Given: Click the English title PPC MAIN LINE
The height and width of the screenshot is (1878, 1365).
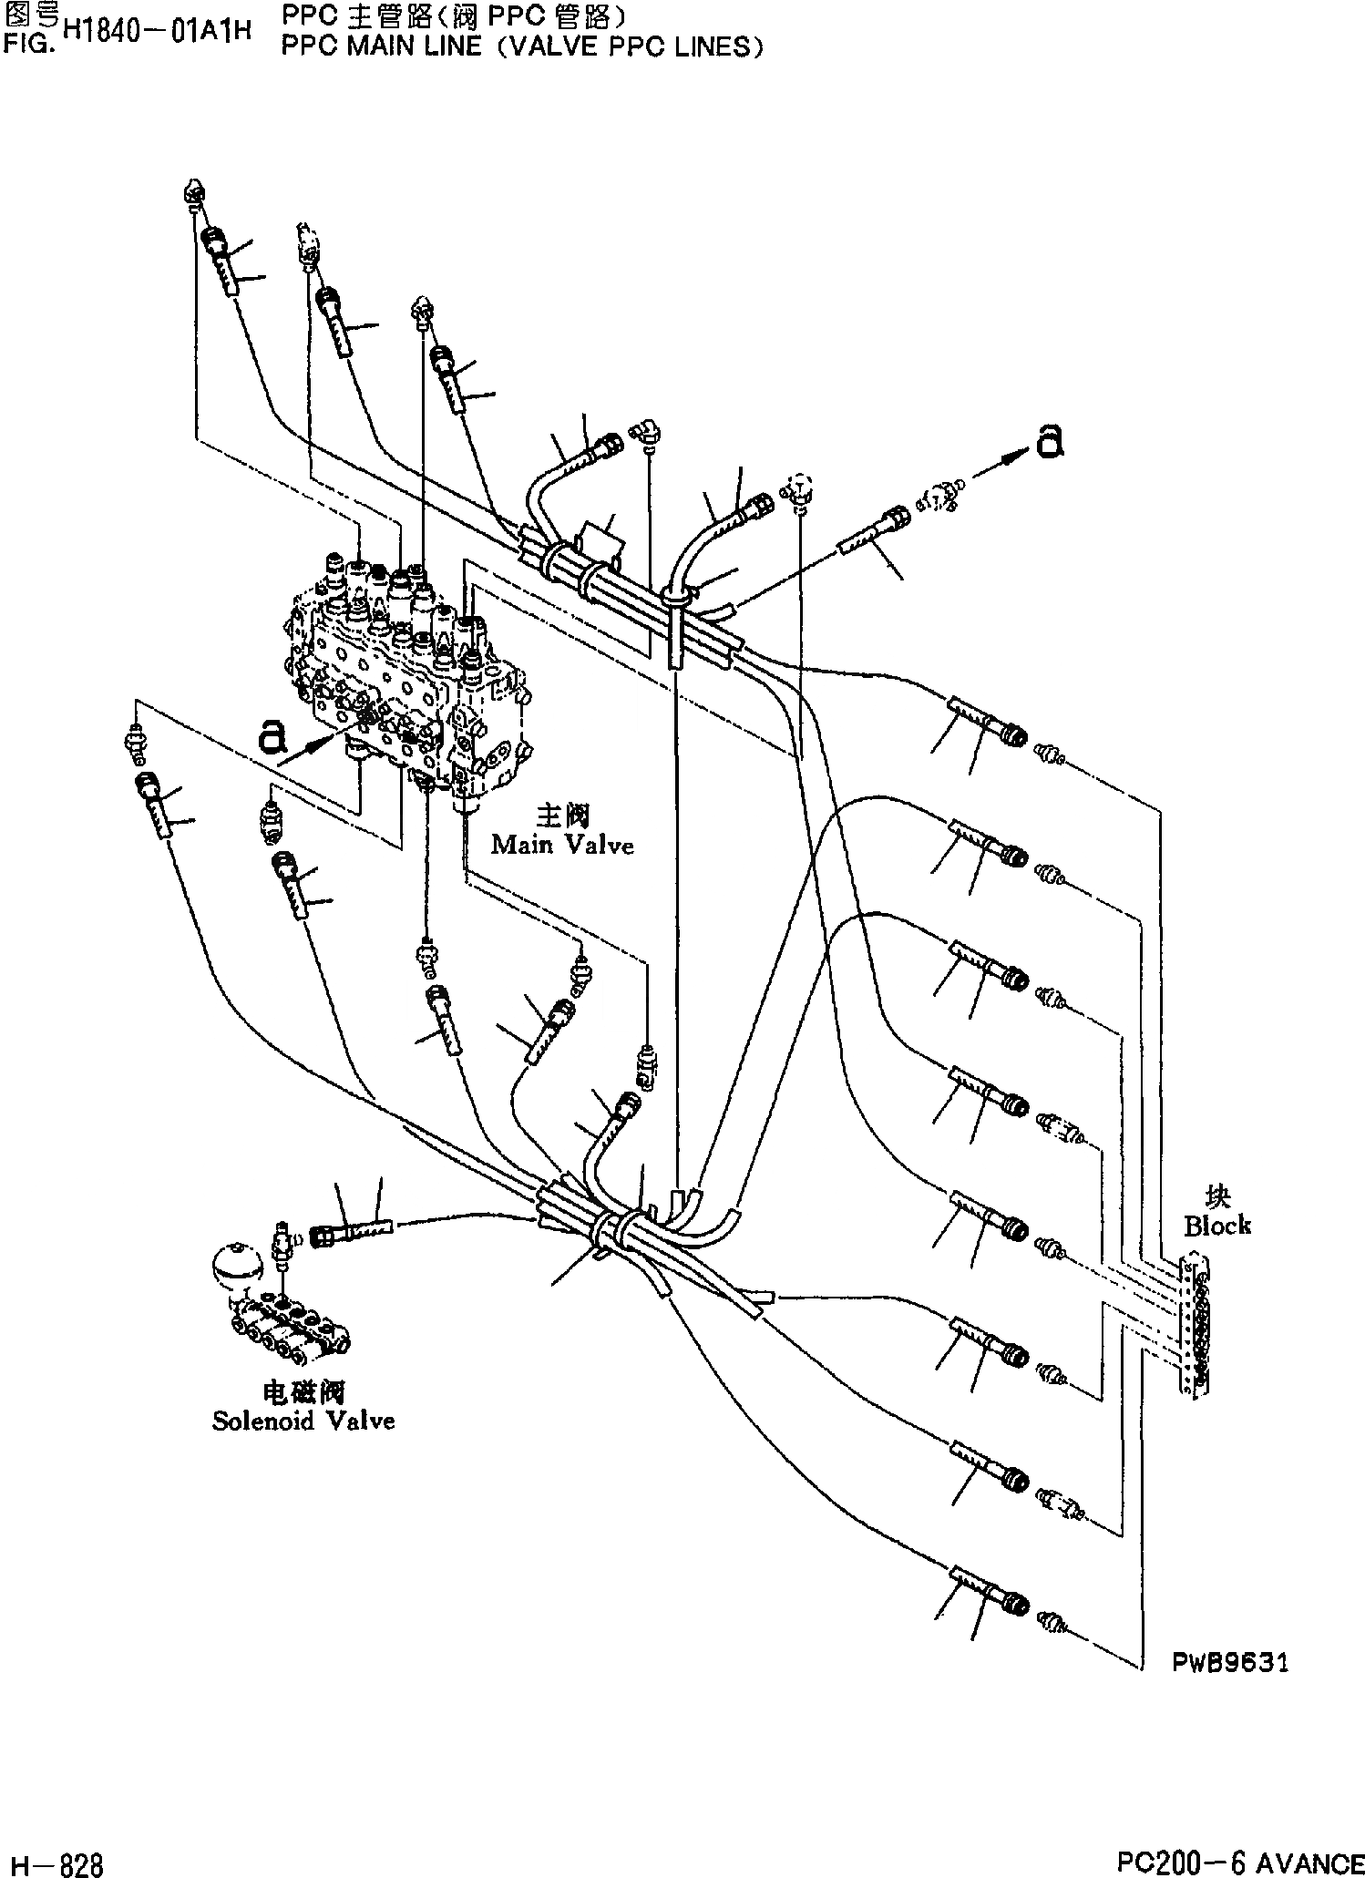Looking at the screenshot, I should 381,46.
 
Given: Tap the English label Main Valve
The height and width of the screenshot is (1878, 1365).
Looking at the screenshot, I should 561,845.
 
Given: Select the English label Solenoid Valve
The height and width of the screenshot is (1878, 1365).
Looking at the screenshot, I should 303,1421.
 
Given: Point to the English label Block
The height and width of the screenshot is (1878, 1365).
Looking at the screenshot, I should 1217,1226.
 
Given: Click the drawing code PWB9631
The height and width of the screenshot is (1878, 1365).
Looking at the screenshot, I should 1230,1663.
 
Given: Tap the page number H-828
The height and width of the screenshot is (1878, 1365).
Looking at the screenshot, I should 53,1859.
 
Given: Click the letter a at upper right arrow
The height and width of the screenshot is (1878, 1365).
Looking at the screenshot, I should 1049,443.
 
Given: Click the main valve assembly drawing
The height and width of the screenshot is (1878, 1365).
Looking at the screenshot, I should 410,674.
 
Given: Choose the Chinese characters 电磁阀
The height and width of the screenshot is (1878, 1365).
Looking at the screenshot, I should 303,1391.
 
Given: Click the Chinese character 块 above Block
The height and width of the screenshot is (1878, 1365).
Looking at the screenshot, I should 1217,1197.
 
